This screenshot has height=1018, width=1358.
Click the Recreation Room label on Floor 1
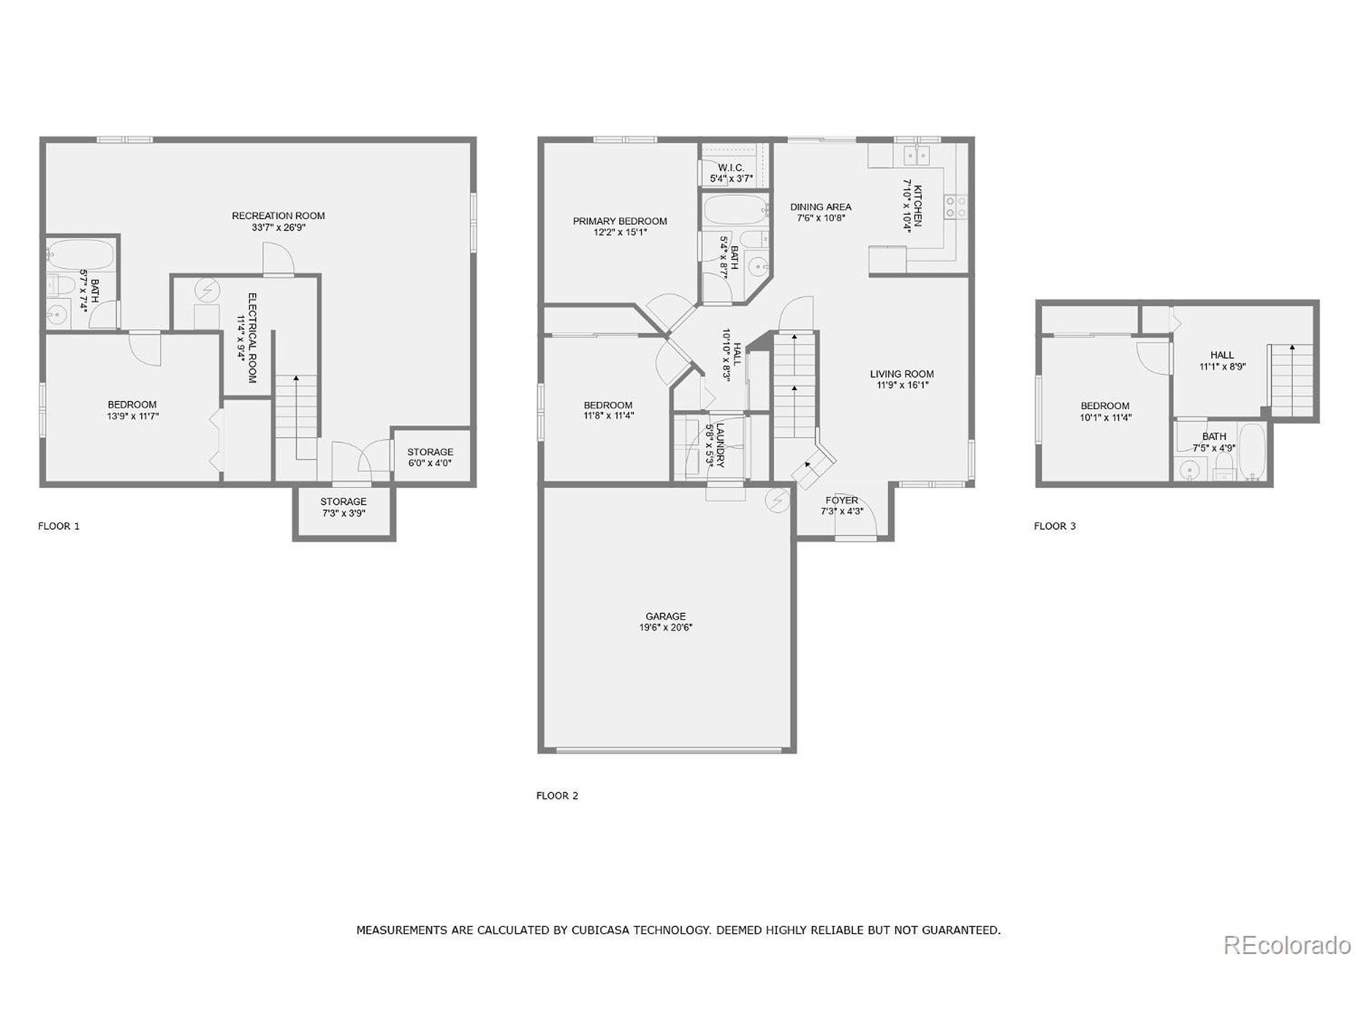pyautogui.click(x=278, y=215)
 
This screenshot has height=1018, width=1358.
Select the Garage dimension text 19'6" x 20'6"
pyautogui.click(x=666, y=627)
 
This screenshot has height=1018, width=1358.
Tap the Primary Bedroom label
pyautogui.click(x=620, y=221)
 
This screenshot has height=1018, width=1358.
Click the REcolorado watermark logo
pyautogui.click(x=1286, y=945)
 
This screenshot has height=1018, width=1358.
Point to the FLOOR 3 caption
pyautogui.click(x=1054, y=526)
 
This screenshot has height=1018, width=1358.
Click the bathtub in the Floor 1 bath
pyautogui.click(x=81, y=254)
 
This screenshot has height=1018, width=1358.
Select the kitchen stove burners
pyautogui.click(x=955, y=206)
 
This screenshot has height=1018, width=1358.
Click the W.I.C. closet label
pyautogui.click(x=730, y=168)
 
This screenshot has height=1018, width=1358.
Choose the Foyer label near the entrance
pyautogui.click(x=842, y=501)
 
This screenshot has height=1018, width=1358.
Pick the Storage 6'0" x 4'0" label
pyautogui.click(x=430, y=452)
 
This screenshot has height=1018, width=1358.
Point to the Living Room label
pyautogui.click(x=901, y=374)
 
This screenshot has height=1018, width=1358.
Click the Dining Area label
pyautogui.click(x=820, y=207)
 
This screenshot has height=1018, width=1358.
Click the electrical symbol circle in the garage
pyautogui.click(x=777, y=501)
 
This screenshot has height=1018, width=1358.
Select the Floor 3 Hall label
pyautogui.click(x=1222, y=355)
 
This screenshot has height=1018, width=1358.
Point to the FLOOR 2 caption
pyautogui.click(x=557, y=796)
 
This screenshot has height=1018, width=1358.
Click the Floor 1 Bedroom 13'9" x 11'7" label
pyautogui.click(x=132, y=405)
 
